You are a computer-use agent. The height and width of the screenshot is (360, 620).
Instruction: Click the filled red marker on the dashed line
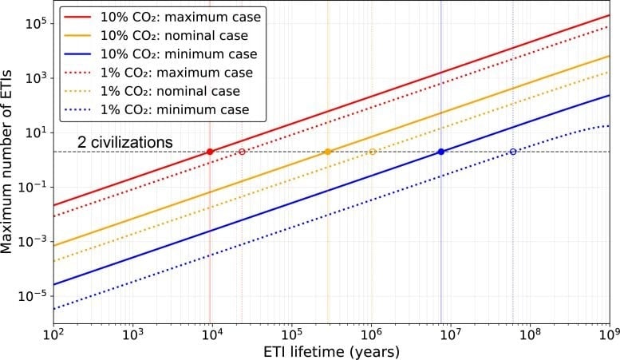coord(210,152)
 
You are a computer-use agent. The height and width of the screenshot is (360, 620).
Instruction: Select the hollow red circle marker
coord(242,152)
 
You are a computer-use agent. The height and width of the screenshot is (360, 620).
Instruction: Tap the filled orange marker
coord(328,152)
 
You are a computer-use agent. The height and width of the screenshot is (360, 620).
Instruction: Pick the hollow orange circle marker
coord(372,152)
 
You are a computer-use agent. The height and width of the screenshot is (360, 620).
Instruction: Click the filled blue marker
coord(441,152)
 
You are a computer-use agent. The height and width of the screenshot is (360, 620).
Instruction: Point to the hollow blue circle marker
coord(513,152)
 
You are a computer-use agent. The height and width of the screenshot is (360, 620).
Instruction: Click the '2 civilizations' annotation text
coord(125,142)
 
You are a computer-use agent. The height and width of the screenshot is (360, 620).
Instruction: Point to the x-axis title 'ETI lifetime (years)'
coord(331,351)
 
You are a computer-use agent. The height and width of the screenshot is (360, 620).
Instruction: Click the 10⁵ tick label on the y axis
coord(36,23)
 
